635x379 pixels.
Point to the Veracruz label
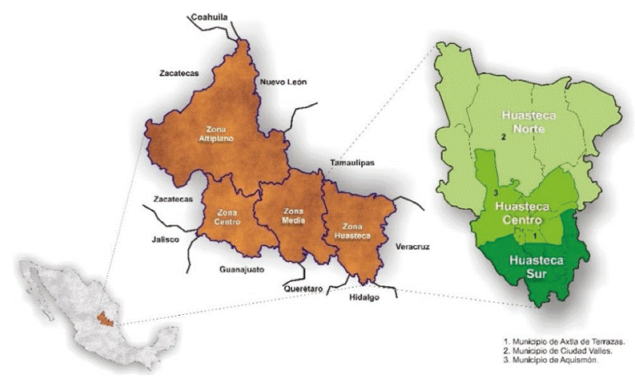click(x=412, y=248)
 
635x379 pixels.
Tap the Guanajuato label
click(x=241, y=270)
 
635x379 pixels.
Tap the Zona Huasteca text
click(x=352, y=232)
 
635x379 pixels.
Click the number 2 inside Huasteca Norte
click(x=502, y=139)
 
